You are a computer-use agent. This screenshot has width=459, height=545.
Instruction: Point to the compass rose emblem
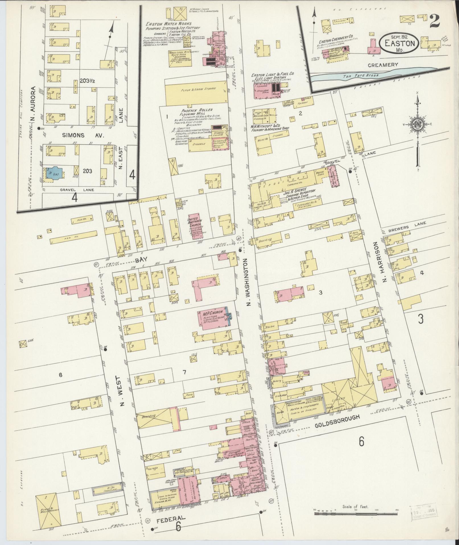coord(417,124)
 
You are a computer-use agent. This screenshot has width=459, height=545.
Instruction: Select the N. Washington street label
coord(248,280)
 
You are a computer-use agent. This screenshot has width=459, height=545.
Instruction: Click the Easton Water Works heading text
coord(169,24)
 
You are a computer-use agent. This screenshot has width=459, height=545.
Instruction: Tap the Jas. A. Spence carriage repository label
coord(299,195)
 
